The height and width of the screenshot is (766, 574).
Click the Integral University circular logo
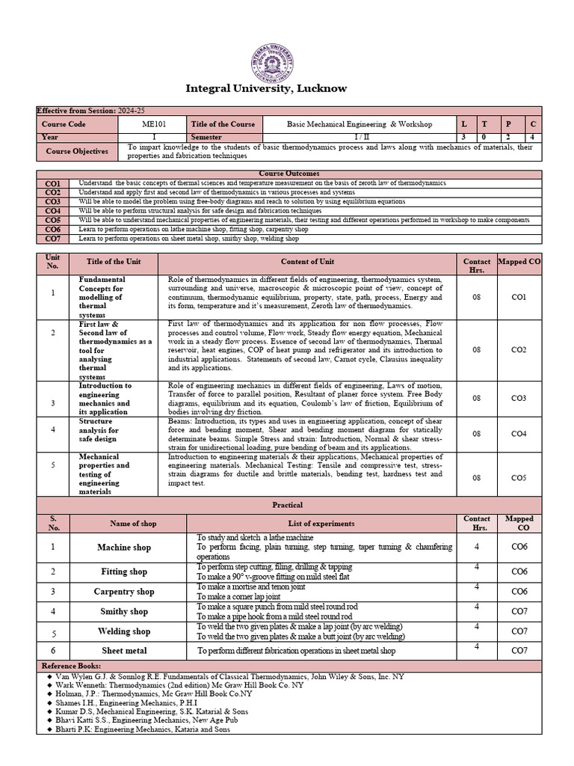coord(273,58)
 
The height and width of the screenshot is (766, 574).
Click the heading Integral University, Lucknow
coord(266,88)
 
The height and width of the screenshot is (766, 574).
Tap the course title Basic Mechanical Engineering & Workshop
coord(359,124)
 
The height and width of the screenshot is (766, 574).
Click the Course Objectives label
coord(76,151)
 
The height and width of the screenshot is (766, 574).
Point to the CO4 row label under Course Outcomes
coord(53,211)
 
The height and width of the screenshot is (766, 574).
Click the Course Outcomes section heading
coord(288,174)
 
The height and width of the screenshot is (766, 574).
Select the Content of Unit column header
coord(307,262)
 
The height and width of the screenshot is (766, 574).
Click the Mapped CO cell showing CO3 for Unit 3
coord(518,398)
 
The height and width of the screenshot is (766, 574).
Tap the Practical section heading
coord(287,505)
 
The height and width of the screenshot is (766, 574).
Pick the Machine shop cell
coord(124,548)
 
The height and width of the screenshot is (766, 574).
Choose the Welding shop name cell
coord(124,631)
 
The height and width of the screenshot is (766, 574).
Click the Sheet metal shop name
coord(124,651)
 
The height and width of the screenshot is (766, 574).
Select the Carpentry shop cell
coord(124,592)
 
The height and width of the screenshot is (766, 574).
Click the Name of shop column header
coord(124,524)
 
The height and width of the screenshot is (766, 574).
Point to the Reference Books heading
coord(72,665)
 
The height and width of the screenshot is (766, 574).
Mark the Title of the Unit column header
coord(113,262)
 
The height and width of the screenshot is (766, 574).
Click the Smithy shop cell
coord(124,611)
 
